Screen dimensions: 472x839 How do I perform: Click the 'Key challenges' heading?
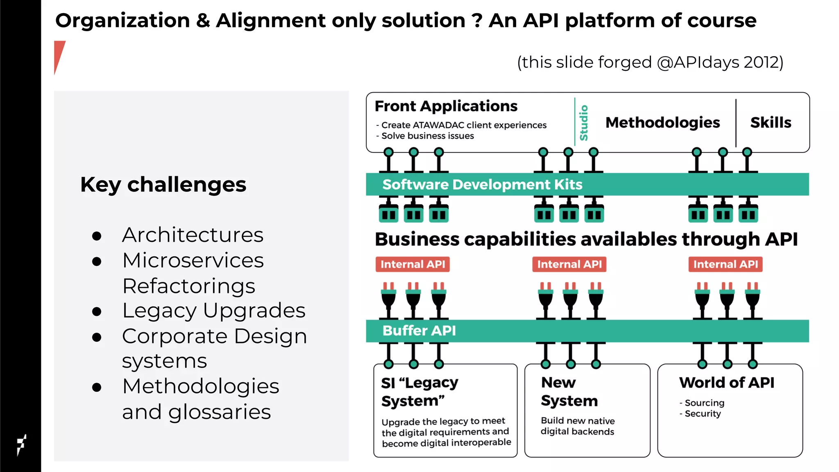pyautogui.click(x=163, y=184)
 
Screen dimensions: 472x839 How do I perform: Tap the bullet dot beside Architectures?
pyautogui.click(x=97, y=236)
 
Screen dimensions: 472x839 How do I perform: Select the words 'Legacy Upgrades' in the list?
pyautogui.click(x=213, y=310)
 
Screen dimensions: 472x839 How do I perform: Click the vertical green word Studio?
pyautogui.click(x=583, y=123)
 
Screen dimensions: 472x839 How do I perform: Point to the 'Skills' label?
pyautogui.click(x=771, y=123)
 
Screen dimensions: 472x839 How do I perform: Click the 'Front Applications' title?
pyautogui.click(x=446, y=106)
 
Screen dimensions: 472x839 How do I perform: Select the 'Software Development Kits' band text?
pyautogui.click(x=482, y=184)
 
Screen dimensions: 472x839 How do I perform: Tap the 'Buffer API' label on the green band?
pyautogui.click(x=419, y=331)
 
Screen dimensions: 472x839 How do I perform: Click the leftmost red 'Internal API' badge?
pyautogui.click(x=413, y=264)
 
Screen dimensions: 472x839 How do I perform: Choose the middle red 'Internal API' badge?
pyautogui.click(x=569, y=264)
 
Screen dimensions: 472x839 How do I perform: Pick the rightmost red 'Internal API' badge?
pyautogui.click(x=725, y=264)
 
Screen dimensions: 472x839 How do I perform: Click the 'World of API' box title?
pyautogui.click(x=726, y=382)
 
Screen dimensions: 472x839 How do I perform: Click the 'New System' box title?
pyautogui.click(x=569, y=391)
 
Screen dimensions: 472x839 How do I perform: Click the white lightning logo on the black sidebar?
pyautogui.click(x=21, y=445)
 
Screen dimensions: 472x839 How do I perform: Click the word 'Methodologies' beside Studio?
pyautogui.click(x=662, y=123)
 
